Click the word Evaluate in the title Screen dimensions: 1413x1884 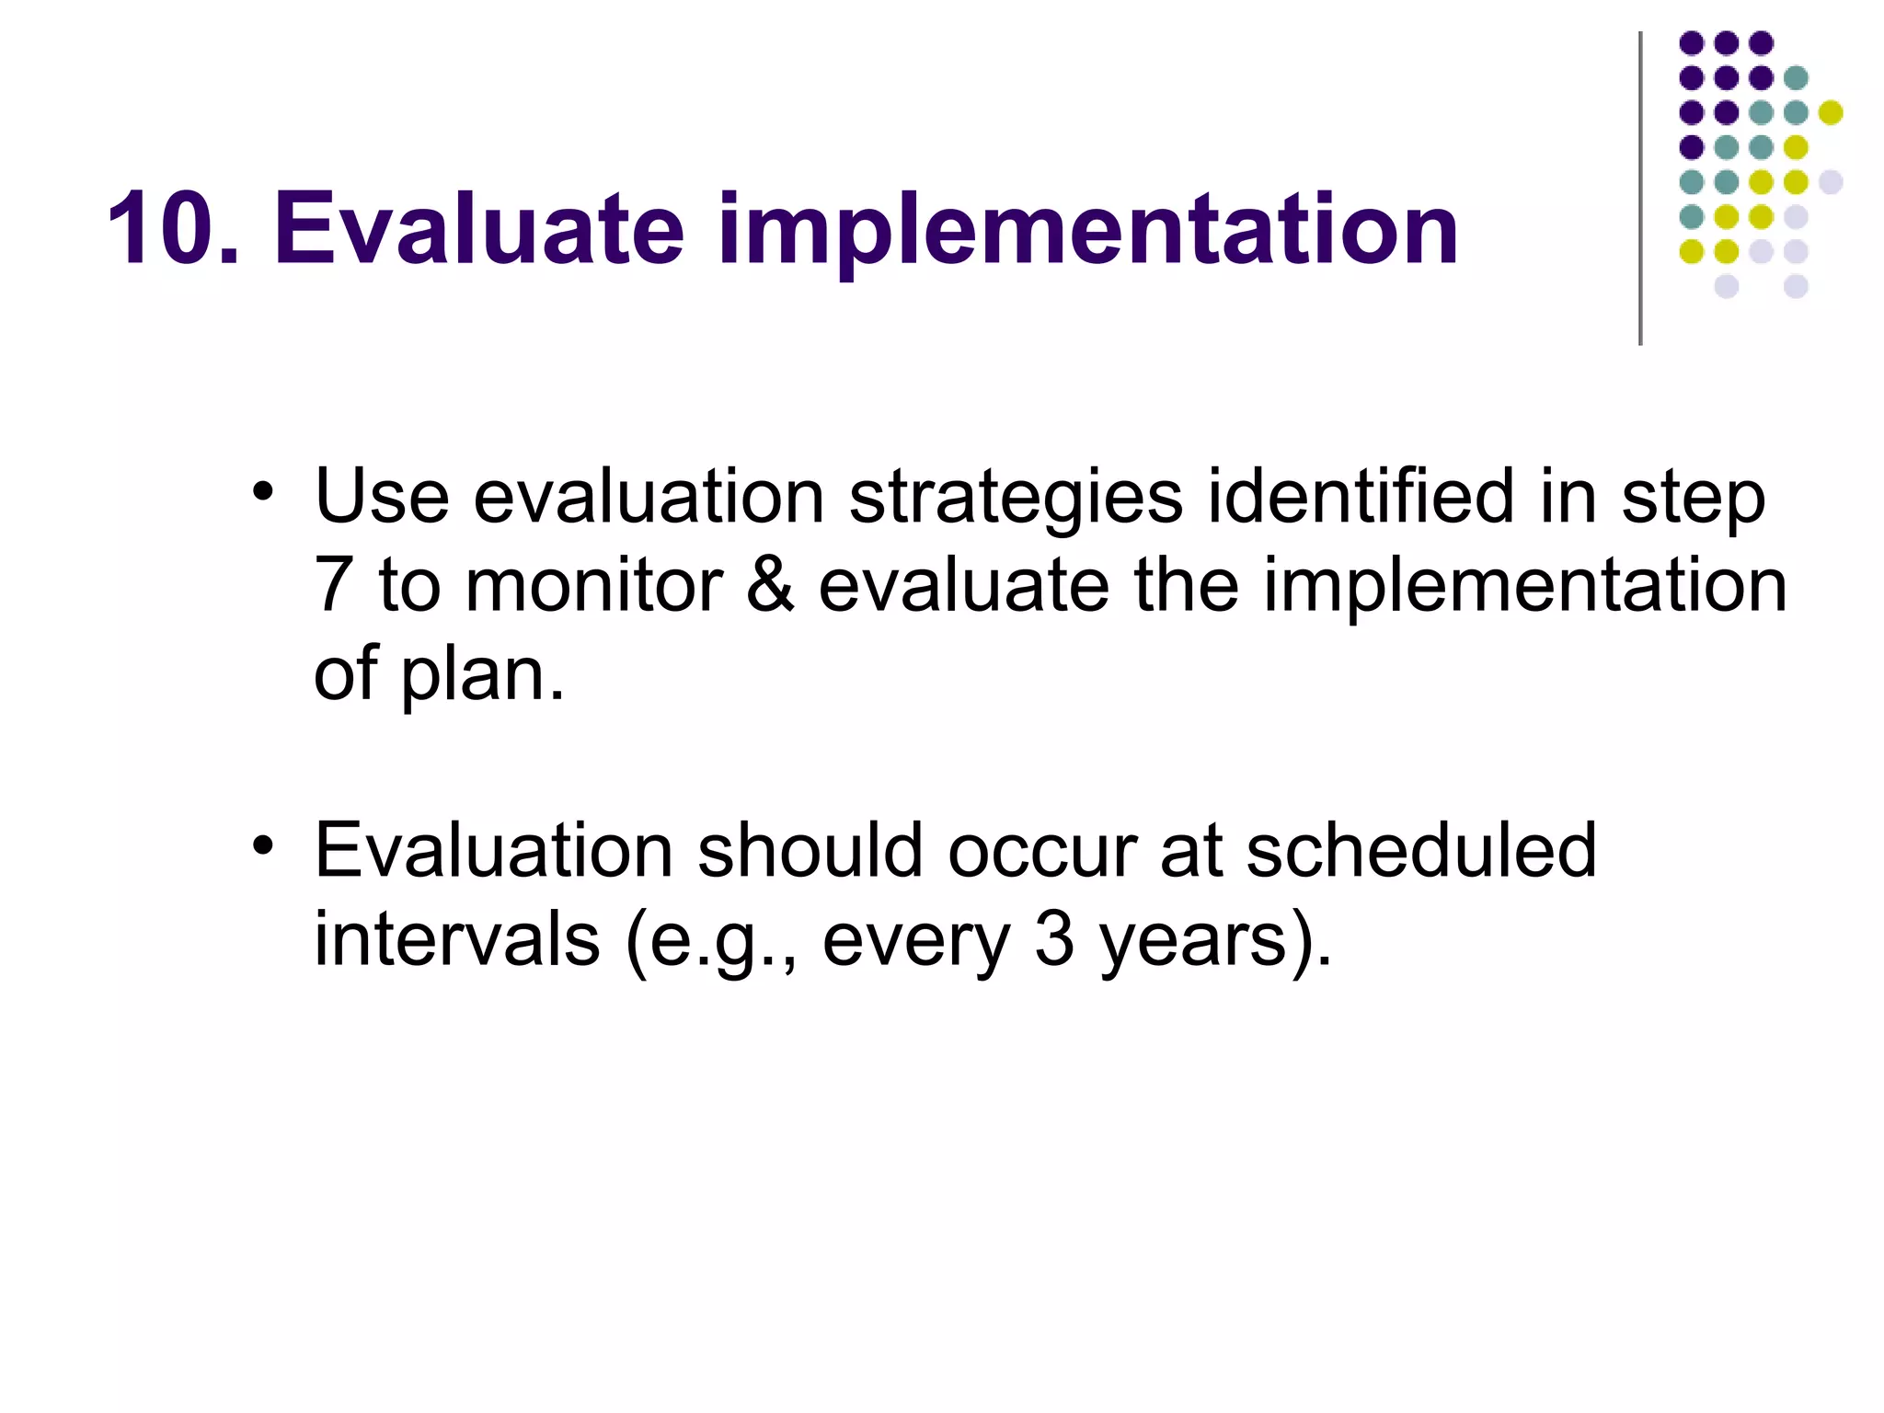point(478,228)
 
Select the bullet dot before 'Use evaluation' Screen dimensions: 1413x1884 point(263,491)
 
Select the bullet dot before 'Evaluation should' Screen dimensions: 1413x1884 point(263,844)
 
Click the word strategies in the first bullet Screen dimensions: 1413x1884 point(1016,499)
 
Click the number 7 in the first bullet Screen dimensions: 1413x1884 point(333,585)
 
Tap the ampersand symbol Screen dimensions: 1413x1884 point(770,585)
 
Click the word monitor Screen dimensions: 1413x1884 point(593,585)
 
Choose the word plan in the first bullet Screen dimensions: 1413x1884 point(478,675)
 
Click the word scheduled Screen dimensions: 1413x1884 point(1420,850)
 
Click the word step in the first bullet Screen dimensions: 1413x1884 point(1693,499)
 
